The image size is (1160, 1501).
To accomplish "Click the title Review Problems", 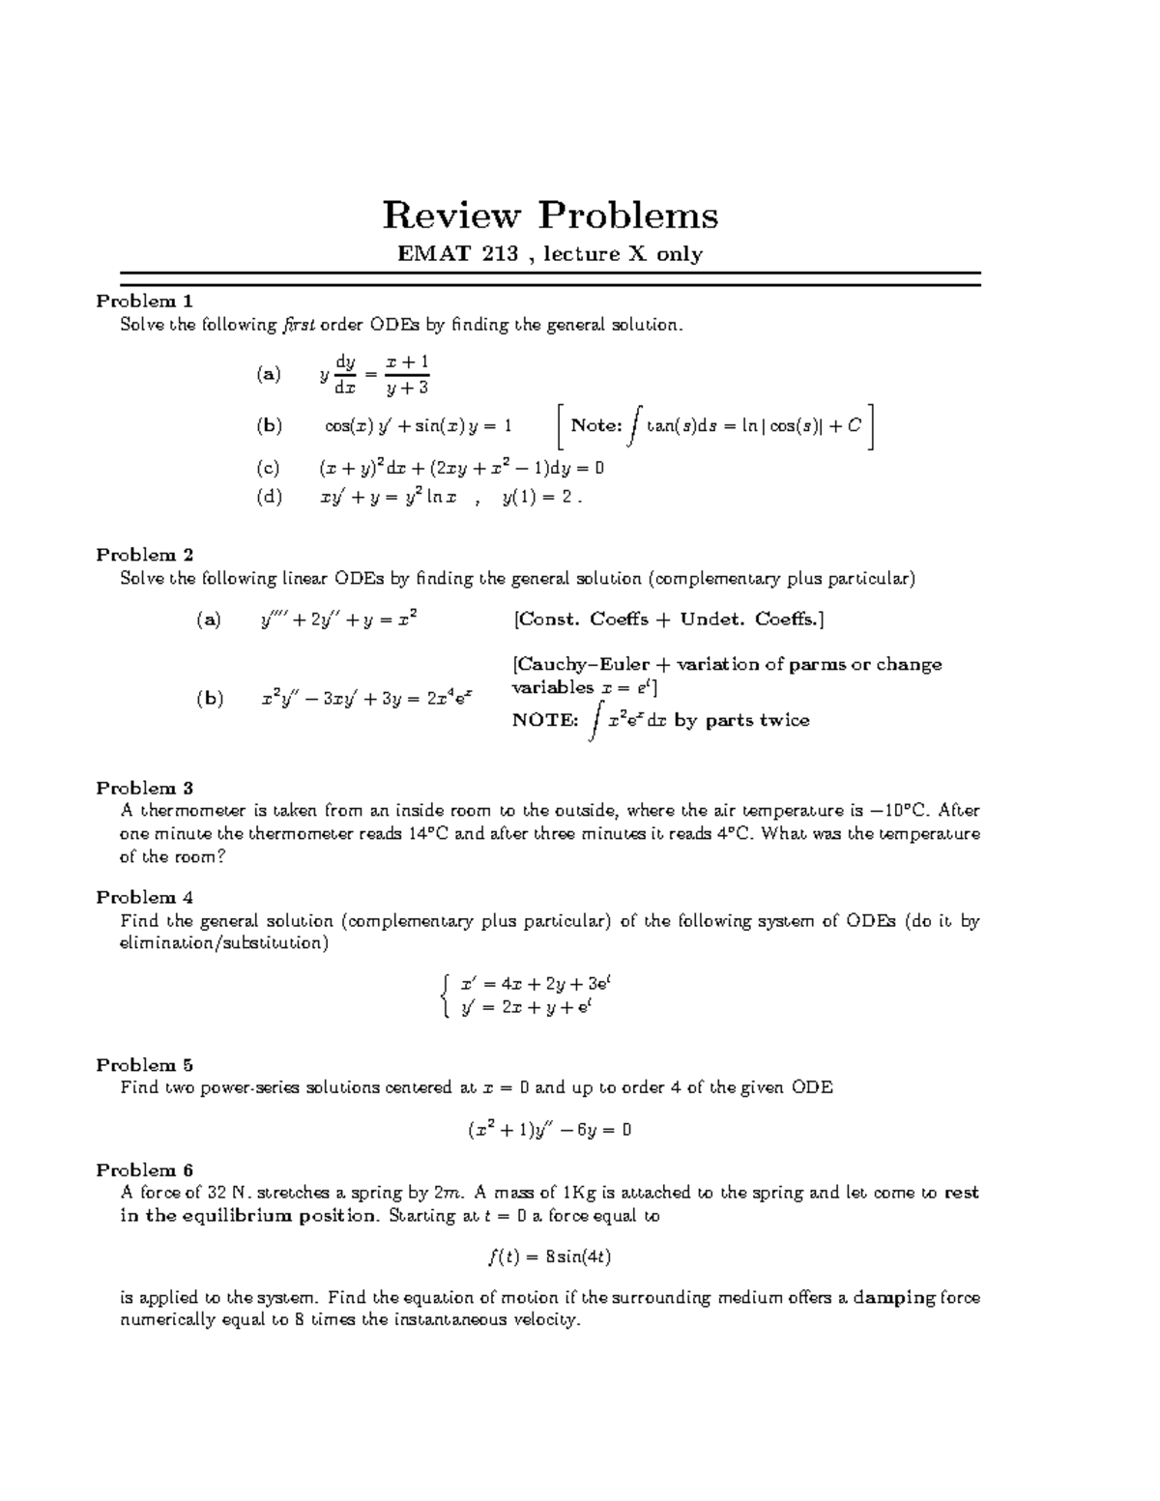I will tap(550, 216).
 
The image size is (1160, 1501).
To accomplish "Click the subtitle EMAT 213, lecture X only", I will tap(550, 254).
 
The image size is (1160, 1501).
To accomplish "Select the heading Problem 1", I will tap(145, 301).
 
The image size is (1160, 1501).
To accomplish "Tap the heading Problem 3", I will tap(145, 788).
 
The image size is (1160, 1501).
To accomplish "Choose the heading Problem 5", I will tap(145, 1064).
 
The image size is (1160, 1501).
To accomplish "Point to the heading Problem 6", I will tap(145, 1169).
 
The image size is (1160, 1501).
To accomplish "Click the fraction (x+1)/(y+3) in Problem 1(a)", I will tap(406, 374).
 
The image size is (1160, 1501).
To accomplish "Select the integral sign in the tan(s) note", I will tap(634, 425).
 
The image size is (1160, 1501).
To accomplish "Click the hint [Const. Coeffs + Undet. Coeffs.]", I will tap(668, 620).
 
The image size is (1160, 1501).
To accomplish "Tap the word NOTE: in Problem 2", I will tap(544, 721).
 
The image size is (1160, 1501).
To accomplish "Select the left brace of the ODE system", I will tap(443, 996).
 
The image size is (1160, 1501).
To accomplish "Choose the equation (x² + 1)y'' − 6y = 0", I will tap(549, 1129).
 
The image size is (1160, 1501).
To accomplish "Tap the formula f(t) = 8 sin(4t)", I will tap(549, 1256).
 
